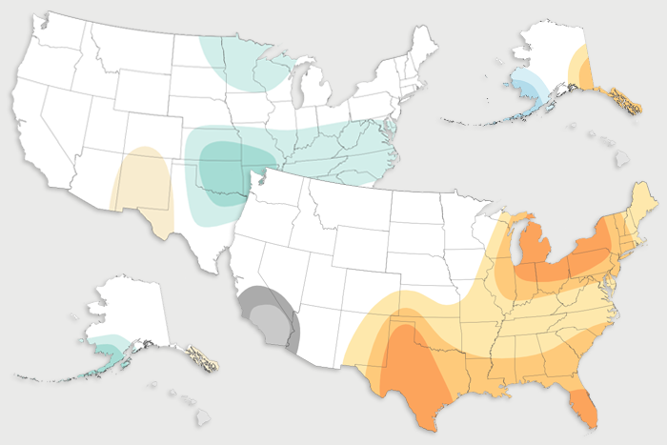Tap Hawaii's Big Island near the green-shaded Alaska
pyautogui.click(x=203, y=417)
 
